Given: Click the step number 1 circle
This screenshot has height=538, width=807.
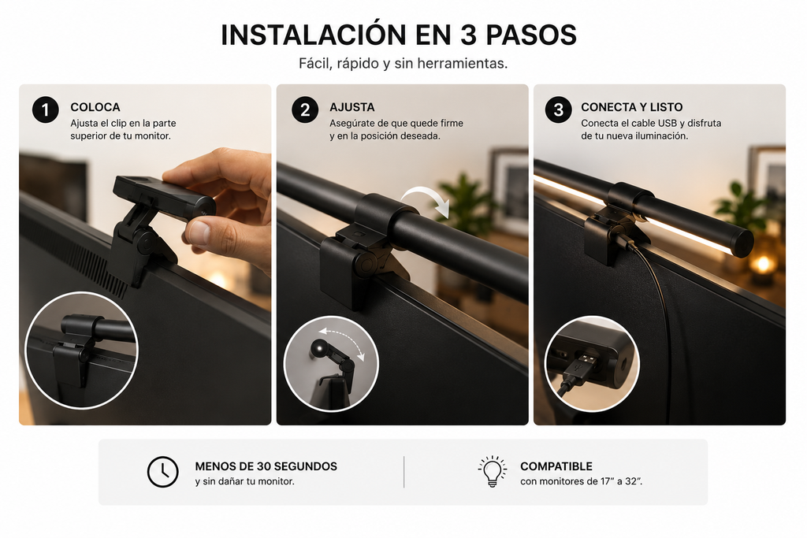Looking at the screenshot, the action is tap(45, 109).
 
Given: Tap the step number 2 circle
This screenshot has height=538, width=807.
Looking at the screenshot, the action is tap(305, 109).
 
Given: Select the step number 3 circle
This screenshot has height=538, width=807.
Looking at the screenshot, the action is tap(558, 109).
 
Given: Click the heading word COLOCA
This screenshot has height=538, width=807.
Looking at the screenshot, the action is tap(95, 107).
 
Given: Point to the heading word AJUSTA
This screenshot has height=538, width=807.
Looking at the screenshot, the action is tap(352, 107).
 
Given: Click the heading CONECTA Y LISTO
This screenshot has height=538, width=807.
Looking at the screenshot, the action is tap(632, 107).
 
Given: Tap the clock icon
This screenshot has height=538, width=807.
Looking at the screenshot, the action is tap(162, 471).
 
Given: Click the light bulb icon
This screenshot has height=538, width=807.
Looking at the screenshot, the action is tap(493, 470).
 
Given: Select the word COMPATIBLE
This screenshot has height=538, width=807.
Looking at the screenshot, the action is tap(556, 466).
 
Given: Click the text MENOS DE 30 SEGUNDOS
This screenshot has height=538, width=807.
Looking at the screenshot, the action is tap(266, 466).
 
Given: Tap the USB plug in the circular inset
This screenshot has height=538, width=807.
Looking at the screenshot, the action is tap(581, 368).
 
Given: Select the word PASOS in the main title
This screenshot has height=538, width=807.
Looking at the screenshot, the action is tap(531, 35).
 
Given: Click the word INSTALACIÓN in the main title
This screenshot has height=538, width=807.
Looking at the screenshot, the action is tap(314, 34).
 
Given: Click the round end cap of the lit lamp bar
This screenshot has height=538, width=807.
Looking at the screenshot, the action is tap(742, 243).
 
